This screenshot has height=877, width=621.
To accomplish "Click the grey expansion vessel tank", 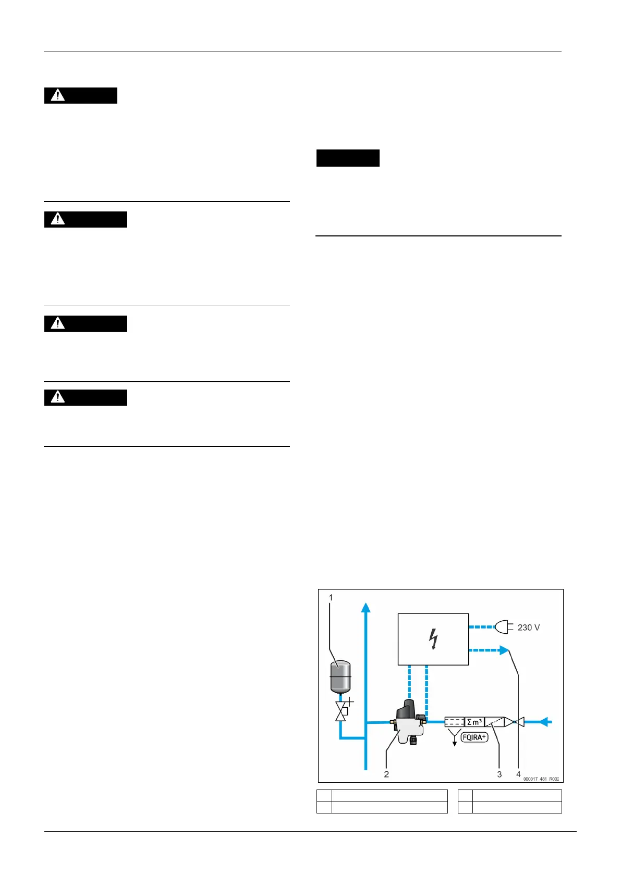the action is point(340,676).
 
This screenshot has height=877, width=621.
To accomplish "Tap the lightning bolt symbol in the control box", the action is point(433,639).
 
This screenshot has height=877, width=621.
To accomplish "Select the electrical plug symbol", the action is point(502,627).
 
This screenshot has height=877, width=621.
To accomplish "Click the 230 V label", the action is point(529,628).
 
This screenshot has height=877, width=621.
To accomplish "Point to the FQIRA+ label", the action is point(474,737).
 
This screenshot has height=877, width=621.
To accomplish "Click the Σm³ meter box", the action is point(474,722).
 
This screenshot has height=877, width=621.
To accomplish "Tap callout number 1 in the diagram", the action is point(331,597).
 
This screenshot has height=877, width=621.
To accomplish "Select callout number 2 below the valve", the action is point(386,774).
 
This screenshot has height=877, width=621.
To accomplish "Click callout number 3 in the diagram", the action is point(499,774).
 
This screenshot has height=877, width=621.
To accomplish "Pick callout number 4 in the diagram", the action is point(518,774).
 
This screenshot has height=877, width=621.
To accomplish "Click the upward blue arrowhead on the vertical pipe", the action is point(366,608).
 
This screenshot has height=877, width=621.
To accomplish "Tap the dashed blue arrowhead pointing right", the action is point(503,650).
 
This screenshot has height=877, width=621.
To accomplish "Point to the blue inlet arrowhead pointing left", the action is point(544,722).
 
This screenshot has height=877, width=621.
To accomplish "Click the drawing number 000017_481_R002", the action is point(541,779).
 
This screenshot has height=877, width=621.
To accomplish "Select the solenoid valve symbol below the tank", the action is point(342,710).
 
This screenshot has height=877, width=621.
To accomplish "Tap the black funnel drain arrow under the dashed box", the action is point(454,738).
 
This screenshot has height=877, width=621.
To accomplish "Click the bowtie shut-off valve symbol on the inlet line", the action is point(514,722).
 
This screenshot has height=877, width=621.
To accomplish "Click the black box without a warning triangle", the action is point(348,158).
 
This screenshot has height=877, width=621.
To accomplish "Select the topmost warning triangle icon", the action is point(58,95).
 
